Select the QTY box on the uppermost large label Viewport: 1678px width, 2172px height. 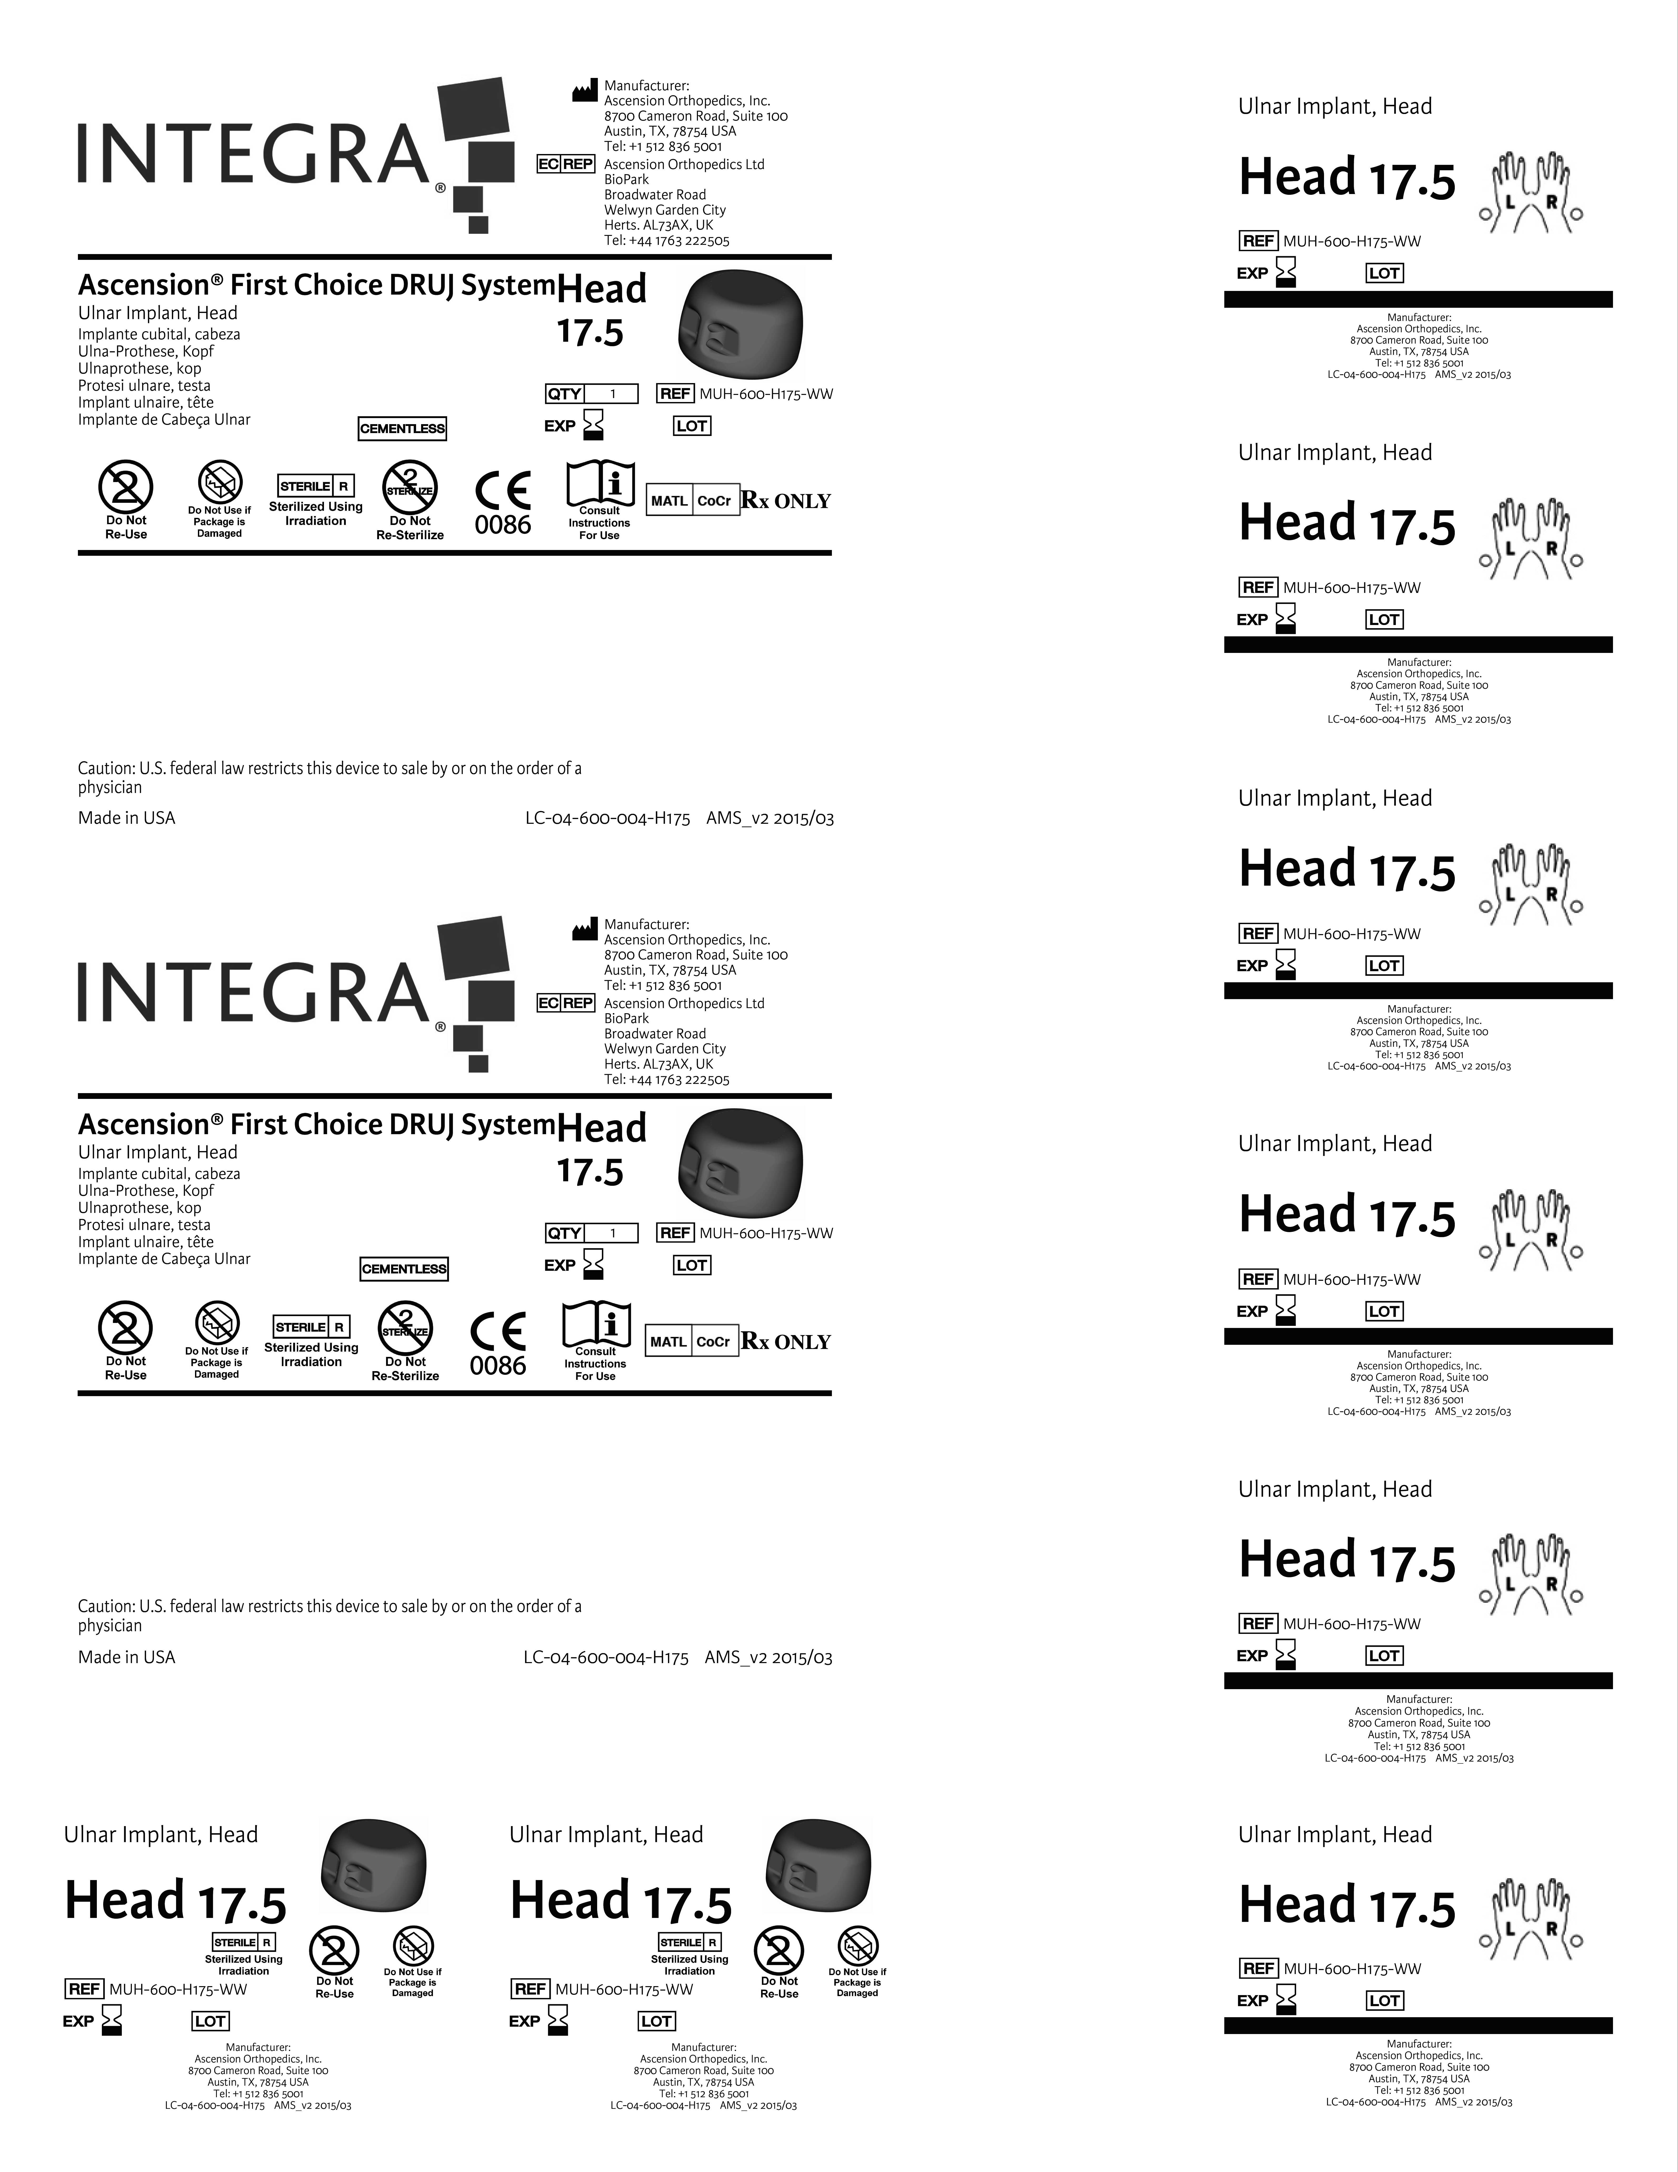pyautogui.click(x=591, y=394)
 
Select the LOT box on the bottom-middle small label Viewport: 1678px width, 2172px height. pyautogui.click(x=656, y=2021)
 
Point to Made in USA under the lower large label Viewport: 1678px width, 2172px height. pyautogui.click(x=126, y=1657)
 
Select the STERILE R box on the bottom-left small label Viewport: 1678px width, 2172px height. pyautogui.click(x=243, y=1941)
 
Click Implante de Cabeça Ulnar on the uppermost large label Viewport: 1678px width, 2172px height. pyautogui.click(x=164, y=420)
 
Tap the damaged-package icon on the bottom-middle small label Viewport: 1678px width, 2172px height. pyautogui.click(x=857, y=1947)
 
